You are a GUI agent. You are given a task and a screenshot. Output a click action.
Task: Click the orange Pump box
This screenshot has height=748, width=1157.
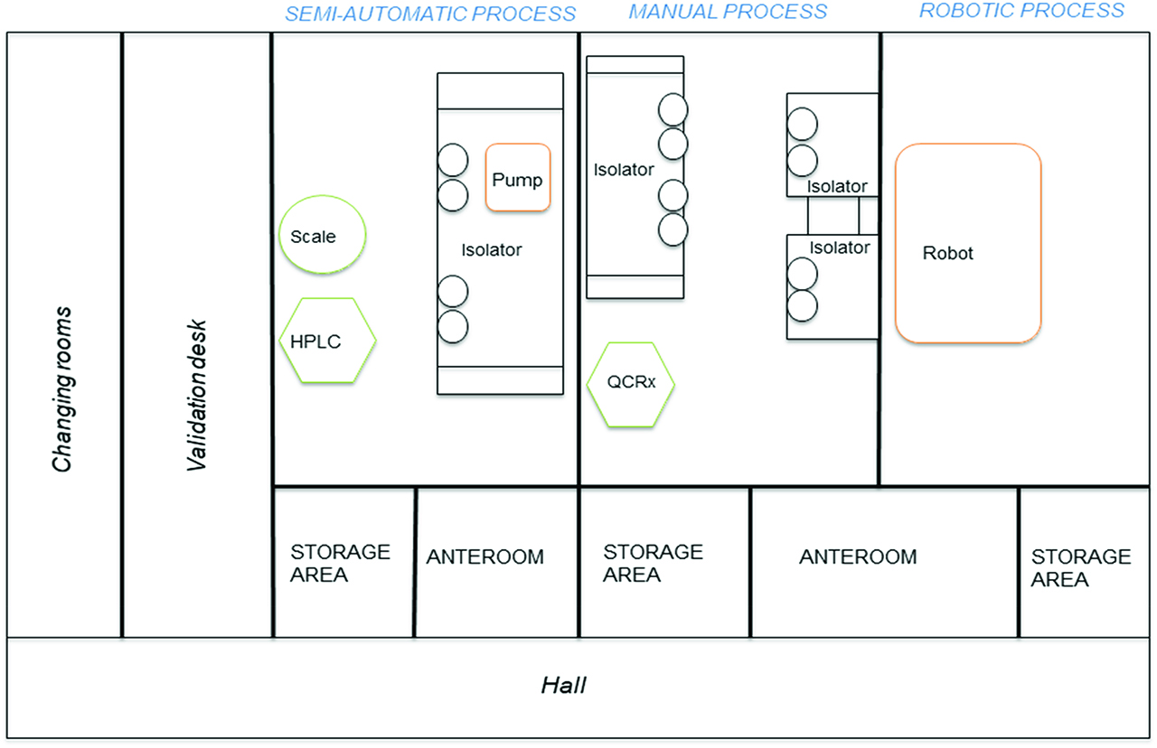click(x=518, y=178)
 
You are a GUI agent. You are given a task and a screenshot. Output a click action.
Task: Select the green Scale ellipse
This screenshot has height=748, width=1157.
click(x=323, y=236)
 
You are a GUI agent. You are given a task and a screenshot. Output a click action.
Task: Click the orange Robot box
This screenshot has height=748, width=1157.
click(x=967, y=243)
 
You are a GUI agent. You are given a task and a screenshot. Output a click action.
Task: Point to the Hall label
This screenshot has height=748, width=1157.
click(x=564, y=686)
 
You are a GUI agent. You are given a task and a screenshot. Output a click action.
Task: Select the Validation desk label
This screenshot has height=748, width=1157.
click(x=196, y=395)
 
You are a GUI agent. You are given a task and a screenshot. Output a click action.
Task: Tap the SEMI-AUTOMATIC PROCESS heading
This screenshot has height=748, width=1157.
click(x=430, y=14)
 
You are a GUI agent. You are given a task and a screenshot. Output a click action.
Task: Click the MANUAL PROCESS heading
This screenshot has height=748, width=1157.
click(x=728, y=12)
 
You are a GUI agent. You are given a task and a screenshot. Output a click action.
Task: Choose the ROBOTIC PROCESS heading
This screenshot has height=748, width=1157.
click(x=1021, y=11)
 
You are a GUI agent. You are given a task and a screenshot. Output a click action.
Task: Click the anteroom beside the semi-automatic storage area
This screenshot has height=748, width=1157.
click(x=485, y=556)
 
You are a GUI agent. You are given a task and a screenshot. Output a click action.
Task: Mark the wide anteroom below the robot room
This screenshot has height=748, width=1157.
click(x=858, y=556)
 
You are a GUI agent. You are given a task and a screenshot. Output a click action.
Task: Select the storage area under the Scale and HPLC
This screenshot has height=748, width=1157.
click(x=341, y=562)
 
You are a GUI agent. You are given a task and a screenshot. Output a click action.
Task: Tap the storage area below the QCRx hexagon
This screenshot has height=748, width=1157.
click(x=653, y=562)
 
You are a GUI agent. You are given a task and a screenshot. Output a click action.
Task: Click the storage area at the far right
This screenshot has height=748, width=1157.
click(x=1081, y=567)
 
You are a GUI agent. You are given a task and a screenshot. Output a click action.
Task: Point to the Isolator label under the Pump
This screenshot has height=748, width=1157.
click(x=492, y=250)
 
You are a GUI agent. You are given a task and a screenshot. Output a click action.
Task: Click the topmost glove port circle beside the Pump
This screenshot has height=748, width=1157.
click(x=453, y=162)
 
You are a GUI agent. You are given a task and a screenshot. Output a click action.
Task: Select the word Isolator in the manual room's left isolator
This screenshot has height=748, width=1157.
click(x=624, y=169)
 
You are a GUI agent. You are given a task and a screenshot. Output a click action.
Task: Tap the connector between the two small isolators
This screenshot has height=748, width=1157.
click(x=832, y=215)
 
